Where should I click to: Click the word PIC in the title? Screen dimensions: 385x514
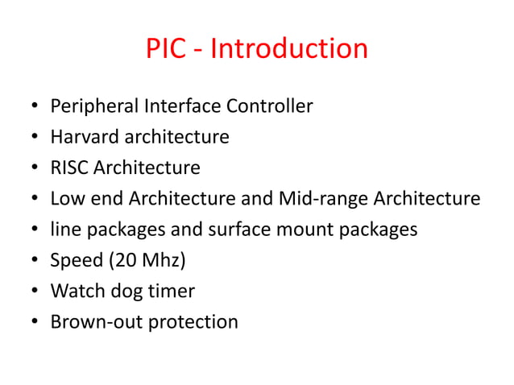point(164,49)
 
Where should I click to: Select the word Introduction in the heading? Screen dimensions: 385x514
point(288,49)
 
